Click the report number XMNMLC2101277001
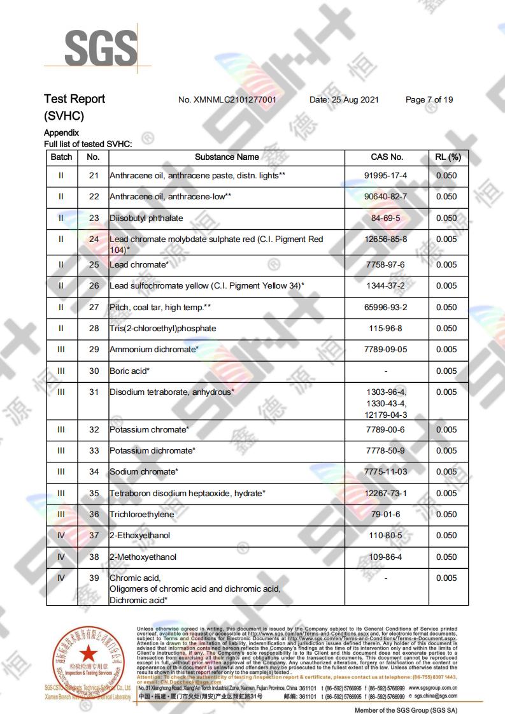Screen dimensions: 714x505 pos(227,100)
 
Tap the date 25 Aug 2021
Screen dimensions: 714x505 pos(344,100)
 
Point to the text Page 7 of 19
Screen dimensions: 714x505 pos(429,100)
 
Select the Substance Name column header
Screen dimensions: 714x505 pos(227,157)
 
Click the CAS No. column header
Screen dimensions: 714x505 pos(387,157)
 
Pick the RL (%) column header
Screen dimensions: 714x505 pos(448,157)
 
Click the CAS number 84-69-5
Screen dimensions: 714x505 pos(387,218)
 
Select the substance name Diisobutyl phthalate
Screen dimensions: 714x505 pos(146,218)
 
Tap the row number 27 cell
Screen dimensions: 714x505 pos(94,307)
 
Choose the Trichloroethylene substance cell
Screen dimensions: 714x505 pos(142,514)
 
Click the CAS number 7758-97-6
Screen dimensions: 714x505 pos(387,264)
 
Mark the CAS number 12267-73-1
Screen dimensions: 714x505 pos(387,493)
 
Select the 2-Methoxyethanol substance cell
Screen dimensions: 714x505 pos(143,557)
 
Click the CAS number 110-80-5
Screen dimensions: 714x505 pos(387,535)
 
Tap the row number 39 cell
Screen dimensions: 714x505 pos(94,578)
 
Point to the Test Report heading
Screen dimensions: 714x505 pos(75,99)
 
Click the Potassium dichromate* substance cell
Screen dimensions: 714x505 pos(152,450)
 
